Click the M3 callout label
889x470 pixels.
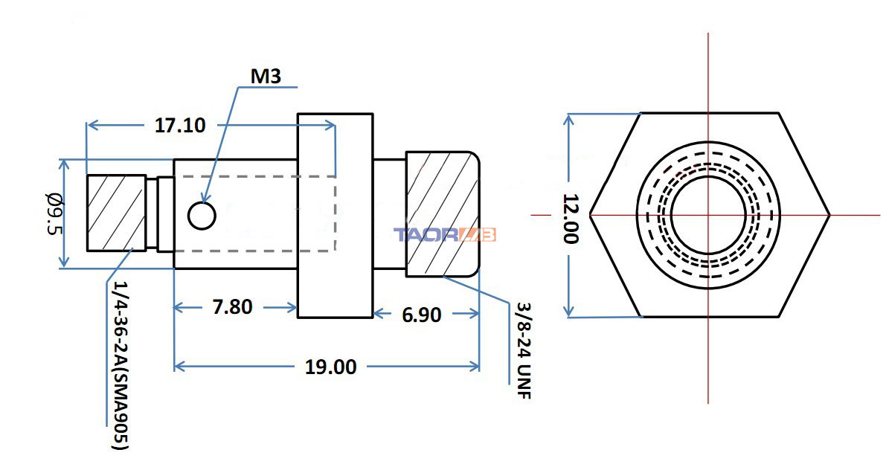tap(266, 77)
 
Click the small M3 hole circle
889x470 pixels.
tap(202, 216)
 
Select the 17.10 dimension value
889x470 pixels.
tap(180, 125)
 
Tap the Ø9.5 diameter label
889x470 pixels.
tap(54, 214)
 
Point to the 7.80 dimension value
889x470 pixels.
tap(232, 306)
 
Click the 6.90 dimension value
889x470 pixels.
tap(421, 315)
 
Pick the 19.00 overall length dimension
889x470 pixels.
tap(331, 367)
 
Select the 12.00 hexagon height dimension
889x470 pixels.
tap(571, 219)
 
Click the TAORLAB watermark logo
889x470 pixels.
tap(445, 235)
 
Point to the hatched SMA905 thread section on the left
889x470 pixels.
tap(116, 213)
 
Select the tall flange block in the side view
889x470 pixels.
tap(335, 216)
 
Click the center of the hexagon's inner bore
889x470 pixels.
tap(707, 215)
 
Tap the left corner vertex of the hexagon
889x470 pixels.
tap(590, 215)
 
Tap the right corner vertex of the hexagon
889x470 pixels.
tap(830, 215)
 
